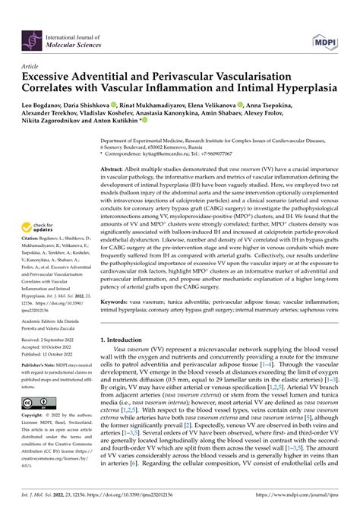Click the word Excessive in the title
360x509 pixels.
(x=49, y=77)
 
